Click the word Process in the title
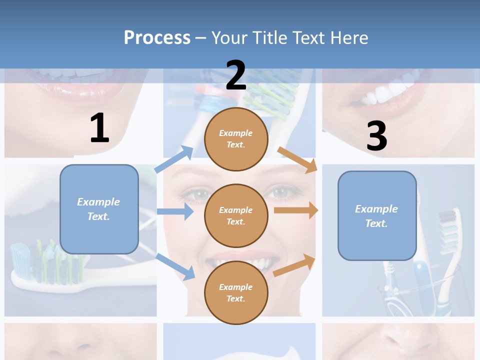157,37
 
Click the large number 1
99,128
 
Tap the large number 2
236,75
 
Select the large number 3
376,136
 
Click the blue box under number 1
99,209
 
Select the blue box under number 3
377,215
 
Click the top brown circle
236,139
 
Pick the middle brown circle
236,215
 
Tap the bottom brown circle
236,292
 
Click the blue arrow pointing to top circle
174,159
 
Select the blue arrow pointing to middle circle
175,211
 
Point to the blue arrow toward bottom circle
175,266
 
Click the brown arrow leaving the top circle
297,159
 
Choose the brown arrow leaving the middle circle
295,210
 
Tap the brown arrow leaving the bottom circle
294,265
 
